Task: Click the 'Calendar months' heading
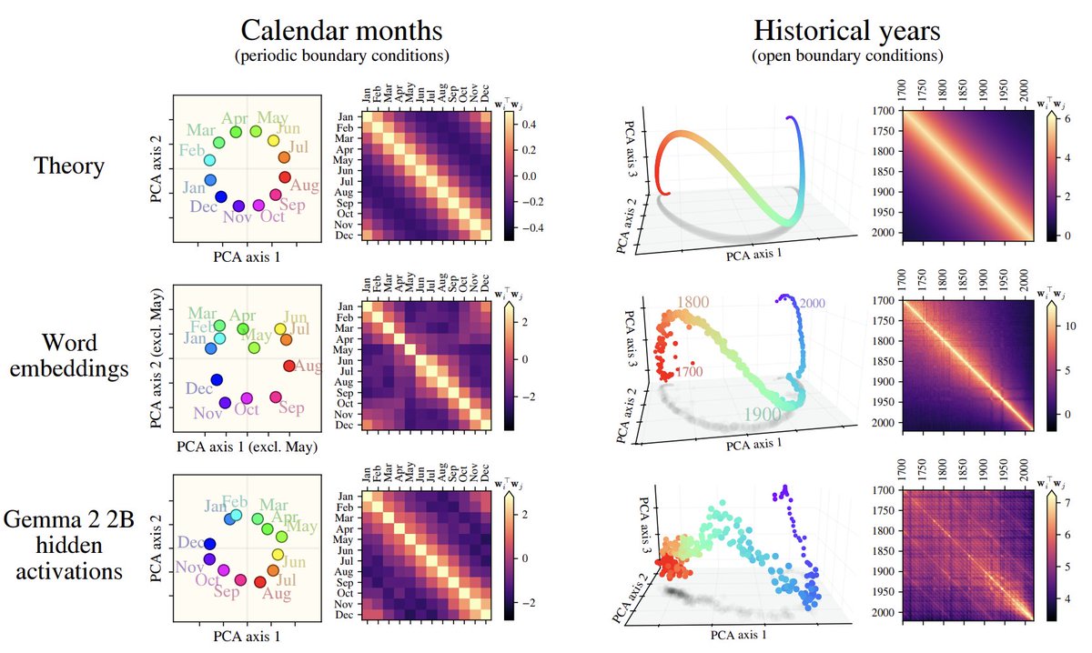pos(341,30)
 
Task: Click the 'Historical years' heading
pos(847,30)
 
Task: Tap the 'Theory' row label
pos(69,166)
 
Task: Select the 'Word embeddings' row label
pos(69,356)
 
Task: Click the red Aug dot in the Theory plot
pos(285,177)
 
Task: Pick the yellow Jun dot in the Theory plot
pos(274,140)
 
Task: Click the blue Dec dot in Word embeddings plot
pos(217,379)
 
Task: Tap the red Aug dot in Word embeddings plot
pos(288,366)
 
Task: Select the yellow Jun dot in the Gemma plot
pos(278,554)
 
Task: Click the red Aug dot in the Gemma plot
pos(260,582)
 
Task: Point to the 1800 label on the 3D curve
pos(693,302)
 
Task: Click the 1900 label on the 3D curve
pos(763,414)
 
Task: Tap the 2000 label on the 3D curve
pos(812,303)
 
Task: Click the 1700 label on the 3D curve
pos(690,371)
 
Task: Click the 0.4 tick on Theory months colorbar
pos(529,125)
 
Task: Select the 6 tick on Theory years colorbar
pos(1067,118)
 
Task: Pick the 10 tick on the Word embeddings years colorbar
pos(1070,326)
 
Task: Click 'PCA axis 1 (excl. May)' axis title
pos(247,447)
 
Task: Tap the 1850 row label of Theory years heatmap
pos(884,172)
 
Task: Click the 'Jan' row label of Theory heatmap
pos(345,117)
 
